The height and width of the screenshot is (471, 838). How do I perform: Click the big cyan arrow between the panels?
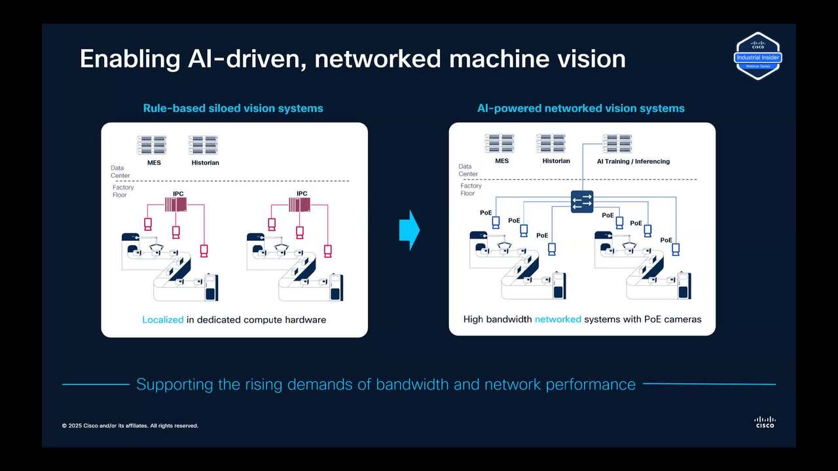click(x=409, y=230)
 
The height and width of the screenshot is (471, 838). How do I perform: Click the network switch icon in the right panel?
click(x=582, y=200)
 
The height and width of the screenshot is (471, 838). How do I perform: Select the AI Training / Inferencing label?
click(x=633, y=162)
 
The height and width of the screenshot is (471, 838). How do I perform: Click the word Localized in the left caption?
click(x=162, y=320)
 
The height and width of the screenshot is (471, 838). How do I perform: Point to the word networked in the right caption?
click(x=558, y=319)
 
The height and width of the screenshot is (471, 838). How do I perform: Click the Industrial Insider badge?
click(x=757, y=56)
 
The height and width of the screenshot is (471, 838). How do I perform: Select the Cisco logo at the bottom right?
click(x=764, y=422)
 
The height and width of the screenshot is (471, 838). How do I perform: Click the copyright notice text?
click(x=130, y=426)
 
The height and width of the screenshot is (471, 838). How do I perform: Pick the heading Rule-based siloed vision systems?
click(x=233, y=109)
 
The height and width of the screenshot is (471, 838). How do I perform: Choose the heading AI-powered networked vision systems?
click(x=581, y=109)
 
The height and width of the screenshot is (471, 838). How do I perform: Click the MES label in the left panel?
click(x=154, y=162)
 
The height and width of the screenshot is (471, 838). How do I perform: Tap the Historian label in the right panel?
click(x=556, y=161)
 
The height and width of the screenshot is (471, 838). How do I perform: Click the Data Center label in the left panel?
click(x=120, y=172)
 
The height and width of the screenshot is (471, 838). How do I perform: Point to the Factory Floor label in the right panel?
click(x=471, y=190)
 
